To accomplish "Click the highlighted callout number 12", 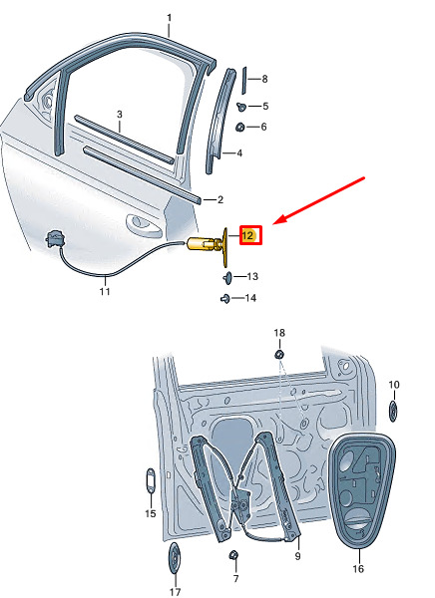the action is [x=247, y=235].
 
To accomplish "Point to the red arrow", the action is [x=320, y=200].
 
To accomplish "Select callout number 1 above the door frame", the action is [x=169, y=18].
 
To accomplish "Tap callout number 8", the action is [x=264, y=79].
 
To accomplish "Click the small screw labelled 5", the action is [x=241, y=107].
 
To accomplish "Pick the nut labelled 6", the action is [x=239, y=127].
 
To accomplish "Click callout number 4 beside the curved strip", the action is [x=239, y=153].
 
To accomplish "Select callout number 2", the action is [x=219, y=199].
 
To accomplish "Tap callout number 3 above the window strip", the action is [x=120, y=114].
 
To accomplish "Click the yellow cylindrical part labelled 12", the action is [x=203, y=243].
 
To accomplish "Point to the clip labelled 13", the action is [x=228, y=277].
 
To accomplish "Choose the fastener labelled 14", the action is [x=224, y=299].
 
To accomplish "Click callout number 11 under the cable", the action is [x=105, y=291].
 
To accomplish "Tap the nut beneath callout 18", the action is [x=279, y=355].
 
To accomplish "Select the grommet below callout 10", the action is [x=393, y=411].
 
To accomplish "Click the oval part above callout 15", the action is [x=151, y=481].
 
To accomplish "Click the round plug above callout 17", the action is [x=175, y=557].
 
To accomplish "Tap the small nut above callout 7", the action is [x=234, y=555].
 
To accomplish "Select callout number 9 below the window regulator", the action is [x=298, y=556].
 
